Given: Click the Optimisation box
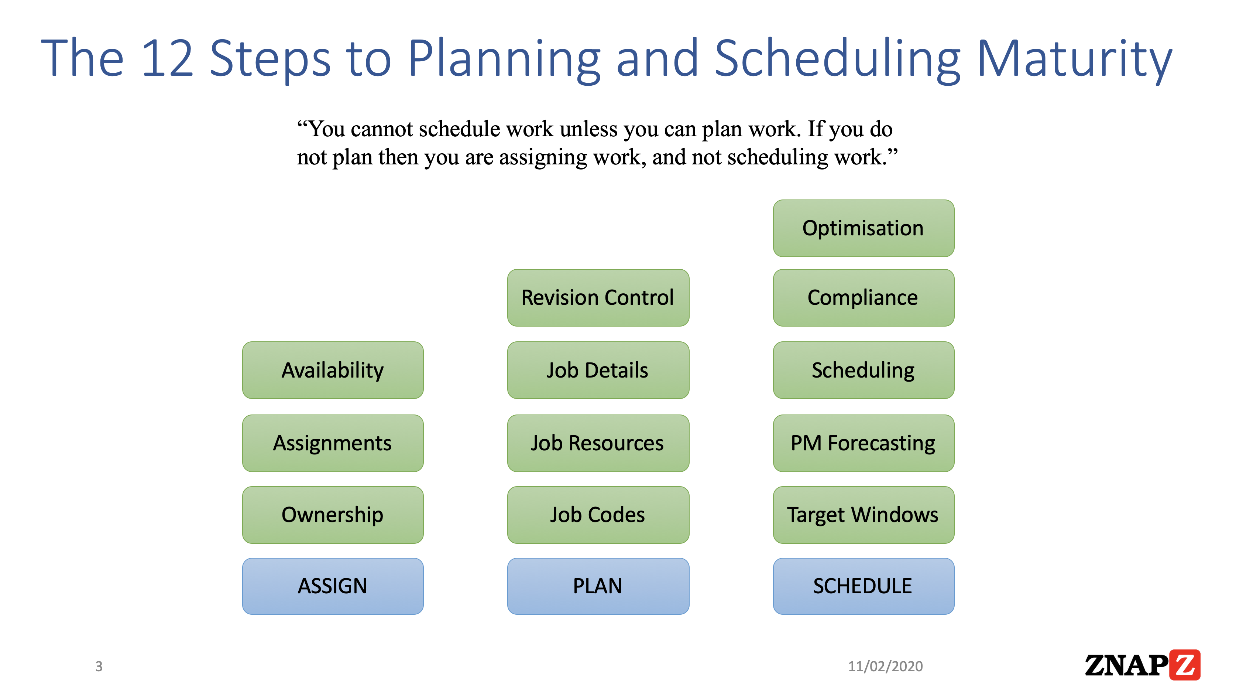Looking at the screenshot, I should coord(863,228).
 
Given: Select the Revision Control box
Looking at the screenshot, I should coord(598,298).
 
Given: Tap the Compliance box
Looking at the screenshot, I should coord(863,298).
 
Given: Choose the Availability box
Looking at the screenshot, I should coord(333,370).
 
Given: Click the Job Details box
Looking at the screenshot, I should coord(598,370).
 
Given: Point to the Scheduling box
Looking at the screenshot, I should coord(863,370).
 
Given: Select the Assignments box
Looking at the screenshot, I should coord(333,443).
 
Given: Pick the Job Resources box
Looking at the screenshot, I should coord(598,443).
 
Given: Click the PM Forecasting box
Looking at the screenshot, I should coord(863,443).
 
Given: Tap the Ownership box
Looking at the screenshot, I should coord(333,515).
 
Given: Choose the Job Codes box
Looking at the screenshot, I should coord(598,515).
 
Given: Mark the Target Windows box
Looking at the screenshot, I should coord(863,515).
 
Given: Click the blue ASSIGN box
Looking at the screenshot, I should coord(333,586).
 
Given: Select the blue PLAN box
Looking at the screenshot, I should coord(598,586).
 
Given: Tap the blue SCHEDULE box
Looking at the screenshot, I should coord(863,586).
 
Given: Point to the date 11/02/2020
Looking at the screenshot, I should coord(885,666).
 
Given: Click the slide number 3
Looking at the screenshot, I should coord(99,666).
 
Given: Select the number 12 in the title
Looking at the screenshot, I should coord(168,59).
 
